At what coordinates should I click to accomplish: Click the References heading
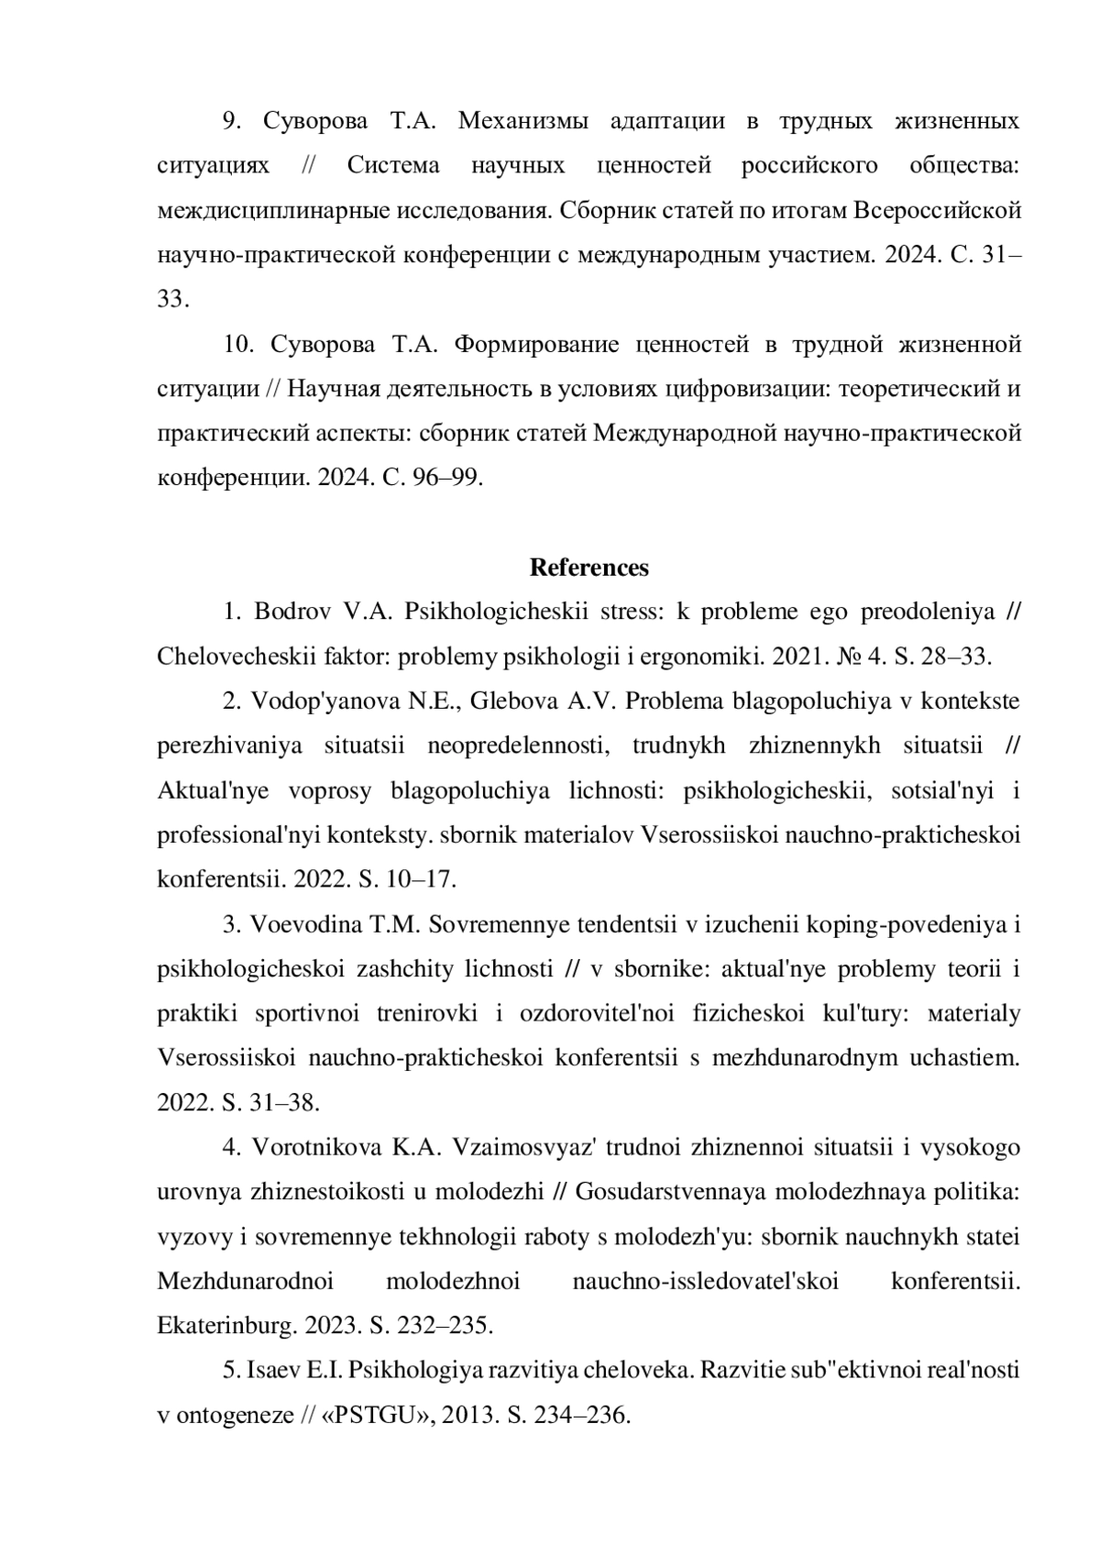click(x=588, y=568)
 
